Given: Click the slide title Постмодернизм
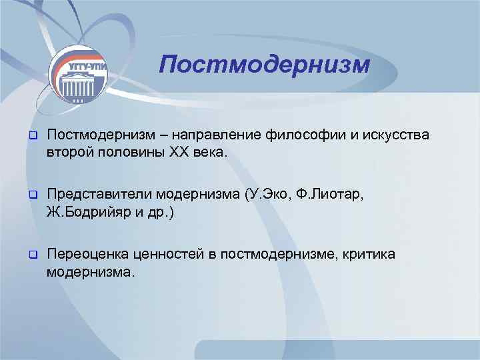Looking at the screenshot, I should pyautogui.click(x=264, y=65).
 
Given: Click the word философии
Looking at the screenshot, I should pyautogui.click(x=303, y=136).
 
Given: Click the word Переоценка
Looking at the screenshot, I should pyautogui.click(x=87, y=254).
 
